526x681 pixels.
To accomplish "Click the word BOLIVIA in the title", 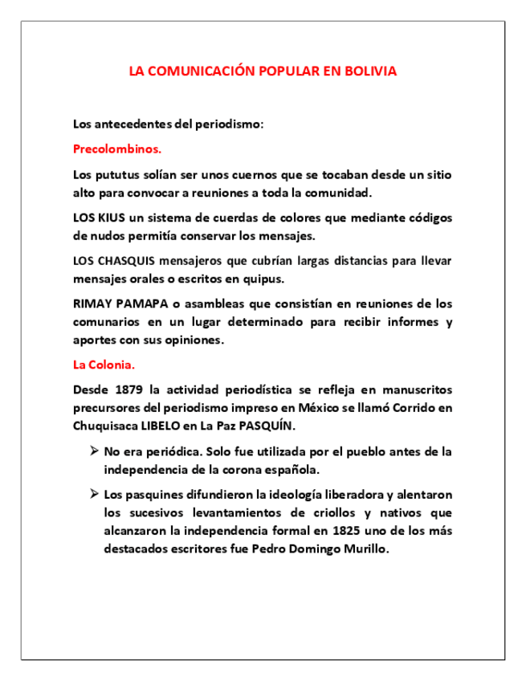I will [371, 71].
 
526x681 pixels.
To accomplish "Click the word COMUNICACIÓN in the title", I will [200, 71].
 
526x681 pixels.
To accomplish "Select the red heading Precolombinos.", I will [117, 149].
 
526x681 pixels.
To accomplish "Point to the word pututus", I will [118, 173].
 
